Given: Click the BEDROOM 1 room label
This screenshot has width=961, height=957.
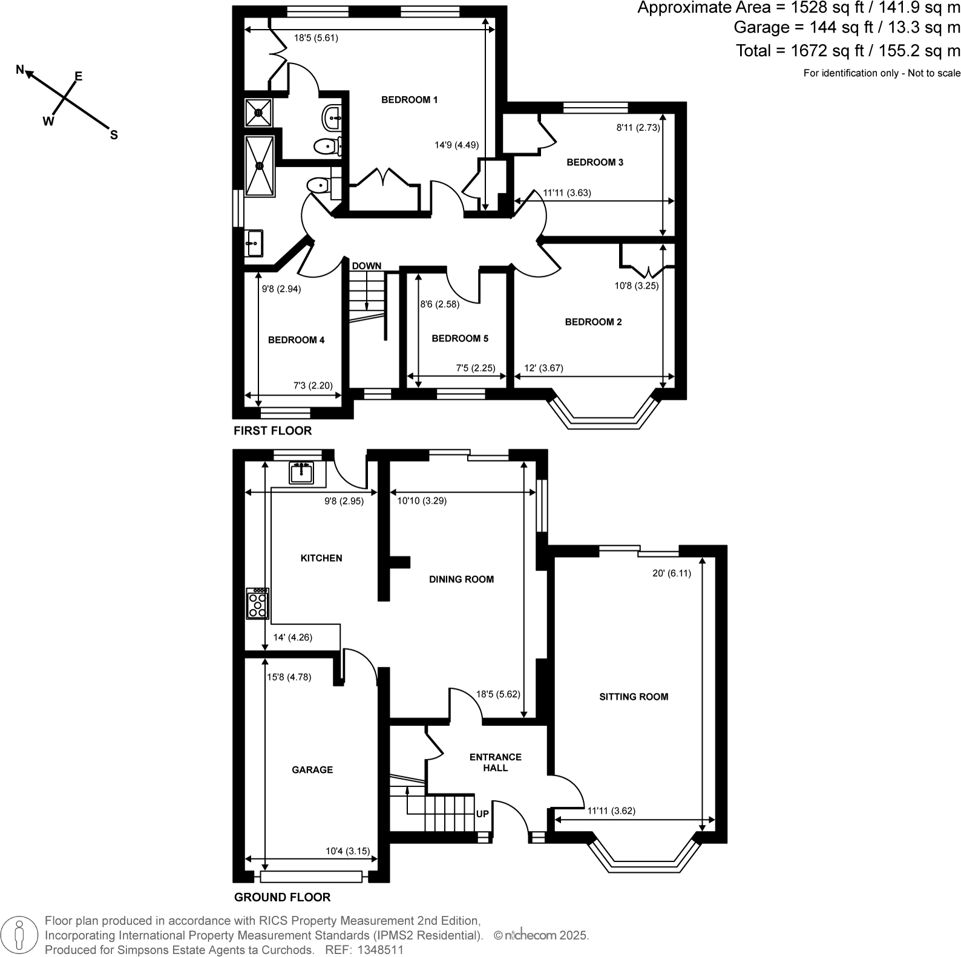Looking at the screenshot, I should [x=409, y=100].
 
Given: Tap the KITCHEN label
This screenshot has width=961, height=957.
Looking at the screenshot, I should [x=321, y=558].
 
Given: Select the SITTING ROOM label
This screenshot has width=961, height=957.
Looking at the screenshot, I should [x=634, y=696].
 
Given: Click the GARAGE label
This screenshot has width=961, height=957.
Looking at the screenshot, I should [x=312, y=769].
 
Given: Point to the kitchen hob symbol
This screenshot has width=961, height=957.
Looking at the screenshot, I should [x=257, y=604].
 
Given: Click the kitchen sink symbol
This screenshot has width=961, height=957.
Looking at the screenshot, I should [x=301, y=472].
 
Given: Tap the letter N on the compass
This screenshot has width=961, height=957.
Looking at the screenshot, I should [x=20, y=70].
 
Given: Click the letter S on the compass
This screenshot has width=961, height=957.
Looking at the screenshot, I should [x=113, y=135].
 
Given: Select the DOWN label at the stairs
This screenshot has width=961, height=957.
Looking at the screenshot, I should [x=367, y=266].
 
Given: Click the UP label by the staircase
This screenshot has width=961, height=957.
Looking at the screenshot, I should [x=482, y=814].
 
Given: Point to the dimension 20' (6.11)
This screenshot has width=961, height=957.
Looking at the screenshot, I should [x=672, y=573].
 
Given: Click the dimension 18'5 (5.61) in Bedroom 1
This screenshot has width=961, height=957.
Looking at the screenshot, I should [x=316, y=38].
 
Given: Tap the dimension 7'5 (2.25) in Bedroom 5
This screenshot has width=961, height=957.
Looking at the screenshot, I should [x=475, y=368].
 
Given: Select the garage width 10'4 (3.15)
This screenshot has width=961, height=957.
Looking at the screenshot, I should [x=347, y=851].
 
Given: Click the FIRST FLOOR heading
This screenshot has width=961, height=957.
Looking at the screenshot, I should [x=272, y=431].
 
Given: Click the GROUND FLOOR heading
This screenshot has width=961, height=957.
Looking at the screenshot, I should [x=282, y=897].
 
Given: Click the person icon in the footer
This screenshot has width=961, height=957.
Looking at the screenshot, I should [x=20, y=934].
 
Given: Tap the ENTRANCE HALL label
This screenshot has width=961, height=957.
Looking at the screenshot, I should [x=496, y=762].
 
